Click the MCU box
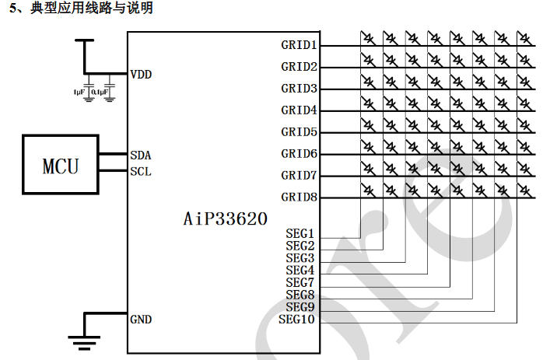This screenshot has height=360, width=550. pyautogui.click(x=61, y=165)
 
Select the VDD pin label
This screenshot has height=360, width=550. pyautogui.click(x=142, y=75)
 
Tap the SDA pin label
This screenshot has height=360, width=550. pyautogui.click(x=141, y=155)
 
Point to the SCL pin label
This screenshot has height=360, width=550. pyautogui.click(x=141, y=171)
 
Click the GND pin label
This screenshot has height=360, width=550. pyautogui.click(x=142, y=320)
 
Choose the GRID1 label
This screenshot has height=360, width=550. pyautogui.click(x=299, y=45)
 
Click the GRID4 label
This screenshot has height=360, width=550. pyautogui.click(x=299, y=110)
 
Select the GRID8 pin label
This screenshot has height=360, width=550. pyautogui.click(x=299, y=197)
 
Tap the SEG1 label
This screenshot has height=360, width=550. pyautogui.click(x=300, y=233)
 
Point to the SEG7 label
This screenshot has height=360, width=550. pyautogui.click(x=300, y=282)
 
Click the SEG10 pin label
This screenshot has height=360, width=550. pyautogui.click(x=296, y=319)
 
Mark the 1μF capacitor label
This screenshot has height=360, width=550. pyautogui.click(x=79, y=92)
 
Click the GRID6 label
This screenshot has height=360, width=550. pyautogui.click(x=299, y=154)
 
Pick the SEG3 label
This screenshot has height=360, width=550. pyautogui.click(x=300, y=257)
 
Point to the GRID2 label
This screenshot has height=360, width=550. pyautogui.click(x=299, y=67)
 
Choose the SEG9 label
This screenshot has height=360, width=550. pyautogui.click(x=300, y=306)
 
